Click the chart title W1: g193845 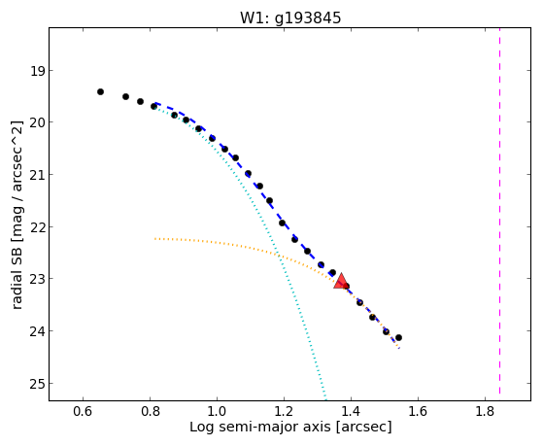point(290,18)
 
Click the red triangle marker point(341,282)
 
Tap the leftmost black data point point(100,92)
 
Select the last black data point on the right point(398,337)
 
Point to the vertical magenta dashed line point(499,211)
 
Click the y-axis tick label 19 point(38,71)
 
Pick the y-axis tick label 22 point(37,227)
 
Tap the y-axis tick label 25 point(37,384)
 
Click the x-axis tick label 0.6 point(84,411)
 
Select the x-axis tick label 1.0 point(218,411)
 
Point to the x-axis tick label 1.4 point(351,411)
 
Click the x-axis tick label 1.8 point(485,411)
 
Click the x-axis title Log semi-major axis point(259,427)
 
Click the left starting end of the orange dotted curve point(155,238)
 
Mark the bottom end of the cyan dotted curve point(325,398)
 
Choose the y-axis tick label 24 point(37,331)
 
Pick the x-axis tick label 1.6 point(418,411)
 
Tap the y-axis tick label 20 point(37,123)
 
